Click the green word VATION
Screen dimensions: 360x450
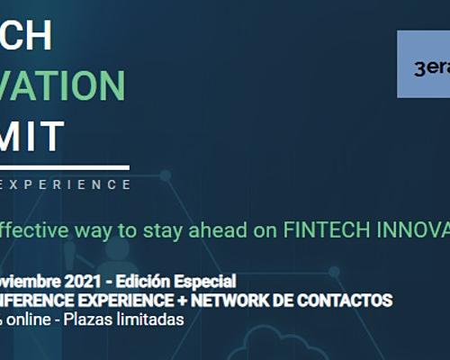point(63,85)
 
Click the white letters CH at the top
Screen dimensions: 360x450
point(27,36)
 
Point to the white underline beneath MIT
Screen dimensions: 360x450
point(65,167)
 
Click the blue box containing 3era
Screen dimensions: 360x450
point(423,65)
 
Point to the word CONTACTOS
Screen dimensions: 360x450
point(351,300)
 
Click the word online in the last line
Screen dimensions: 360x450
point(29,319)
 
